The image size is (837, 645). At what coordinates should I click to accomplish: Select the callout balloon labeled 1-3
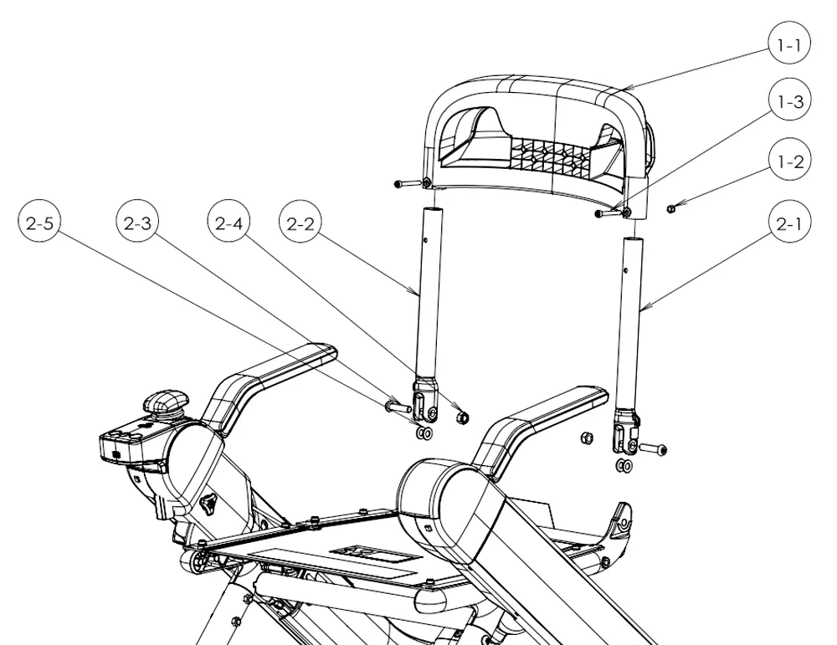(x=790, y=101)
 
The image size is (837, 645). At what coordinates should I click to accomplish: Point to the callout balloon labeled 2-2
(x=300, y=222)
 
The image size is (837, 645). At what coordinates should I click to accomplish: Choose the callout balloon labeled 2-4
(x=229, y=222)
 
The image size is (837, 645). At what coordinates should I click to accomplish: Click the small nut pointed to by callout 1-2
(x=671, y=208)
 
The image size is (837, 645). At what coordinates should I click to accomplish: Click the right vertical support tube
(x=630, y=323)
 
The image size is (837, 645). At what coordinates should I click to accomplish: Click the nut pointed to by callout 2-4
(x=463, y=417)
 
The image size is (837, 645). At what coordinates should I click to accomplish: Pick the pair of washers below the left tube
(x=424, y=433)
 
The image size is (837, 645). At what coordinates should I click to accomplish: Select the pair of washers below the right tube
(x=624, y=466)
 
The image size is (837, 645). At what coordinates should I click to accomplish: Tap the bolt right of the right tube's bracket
(x=653, y=448)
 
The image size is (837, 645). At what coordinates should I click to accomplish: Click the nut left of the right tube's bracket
(x=586, y=438)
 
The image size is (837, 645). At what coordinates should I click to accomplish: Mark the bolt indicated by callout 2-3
(x=397, y=407)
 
